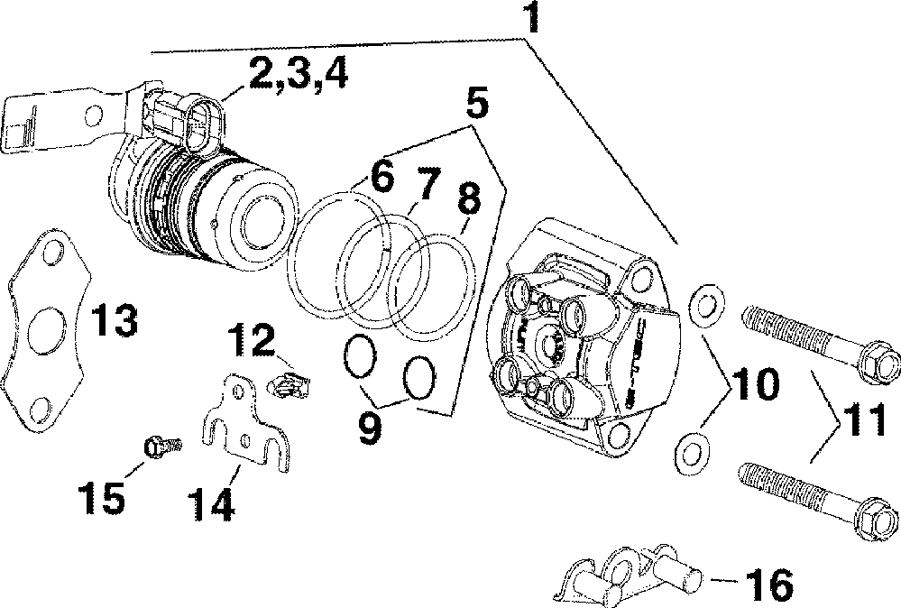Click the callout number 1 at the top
pyautogui.click(x=534, y=17)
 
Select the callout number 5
pyautogui.click(x=477, y=103)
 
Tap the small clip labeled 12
pyautogui.click(x=289, y=384)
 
